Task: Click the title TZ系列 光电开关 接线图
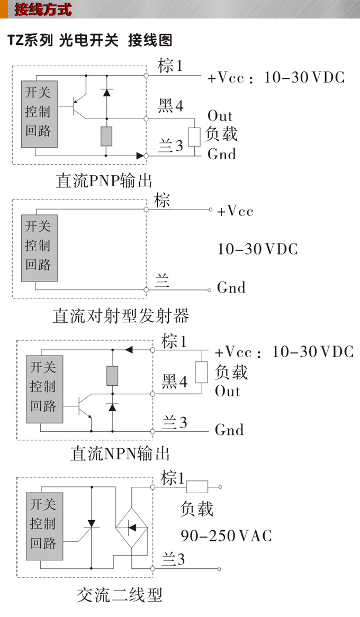coord(90,40)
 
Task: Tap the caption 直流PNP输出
coord(104,180)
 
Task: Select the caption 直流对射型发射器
coord(121,316)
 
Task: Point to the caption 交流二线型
coord(119,595)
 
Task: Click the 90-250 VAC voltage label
coord(226,536)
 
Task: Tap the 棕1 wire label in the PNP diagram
coord(170,66)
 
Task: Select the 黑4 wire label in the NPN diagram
coord(175,380)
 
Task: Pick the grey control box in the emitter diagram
coord(39,248)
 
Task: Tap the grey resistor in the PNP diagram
coord(106,136)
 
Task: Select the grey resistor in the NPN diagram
coord(112,375)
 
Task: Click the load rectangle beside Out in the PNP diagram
coord(194,137)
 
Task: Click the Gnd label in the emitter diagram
coord(231,288)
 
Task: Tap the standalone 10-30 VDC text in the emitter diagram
coord(258,249)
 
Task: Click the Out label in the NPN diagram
coord(228,392)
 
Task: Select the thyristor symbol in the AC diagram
coord(91,524)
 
